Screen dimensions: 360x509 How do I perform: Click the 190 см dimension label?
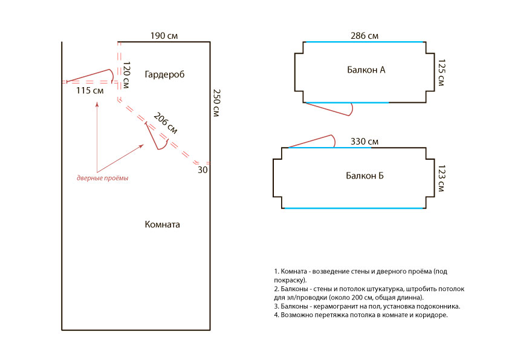(x=164, y=36)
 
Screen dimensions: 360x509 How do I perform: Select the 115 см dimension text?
(x=90, y=91)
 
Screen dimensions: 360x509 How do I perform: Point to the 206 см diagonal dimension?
(x=165, y=123)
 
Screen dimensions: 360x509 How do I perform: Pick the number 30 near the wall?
(x=202, y=170)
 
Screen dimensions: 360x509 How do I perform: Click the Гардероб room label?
(x=164, y=74)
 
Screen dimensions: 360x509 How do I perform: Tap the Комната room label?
(x=163, y=224)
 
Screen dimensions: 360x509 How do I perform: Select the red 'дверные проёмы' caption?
(x=102, y=178)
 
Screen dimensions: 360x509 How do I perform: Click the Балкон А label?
(x=366, y=70)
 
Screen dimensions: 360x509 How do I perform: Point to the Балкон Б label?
(x=365, y=176)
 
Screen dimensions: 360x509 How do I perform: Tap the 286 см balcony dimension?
(x=365, y=36)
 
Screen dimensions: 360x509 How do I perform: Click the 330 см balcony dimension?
(x=365, y=142)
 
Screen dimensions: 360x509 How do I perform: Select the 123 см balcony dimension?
(x=441, y=178)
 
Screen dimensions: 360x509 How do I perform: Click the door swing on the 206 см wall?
(x=156, y=136)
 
